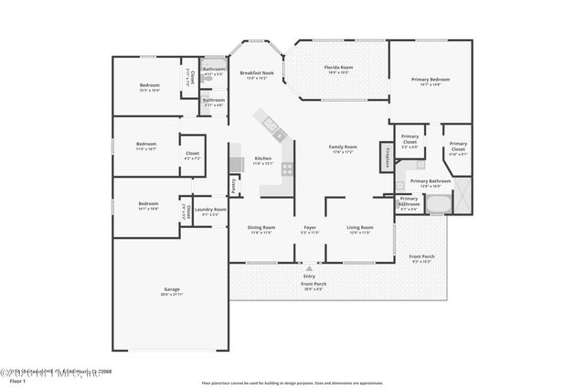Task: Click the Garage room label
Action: pyautogui.click(x=166, y=290)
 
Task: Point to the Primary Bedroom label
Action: pyautogui.click(x=431, y=80)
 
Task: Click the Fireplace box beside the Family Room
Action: pyautogui.click(x=387, y=157)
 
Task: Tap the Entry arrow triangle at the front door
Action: pyautogui.click(x=308, y=267)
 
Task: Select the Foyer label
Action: pyautogui.click(x=310, y=227)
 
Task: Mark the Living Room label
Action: pyautogui.click(x=359, y=227)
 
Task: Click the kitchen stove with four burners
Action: pyautogui.click(x=287, y=168)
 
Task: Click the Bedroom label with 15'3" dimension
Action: pyautogui.click(x=150, y=86)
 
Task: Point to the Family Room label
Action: pyautogui.click(x=343, y=147)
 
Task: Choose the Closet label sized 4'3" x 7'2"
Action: pyautogui.click(x=192, y=154)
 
